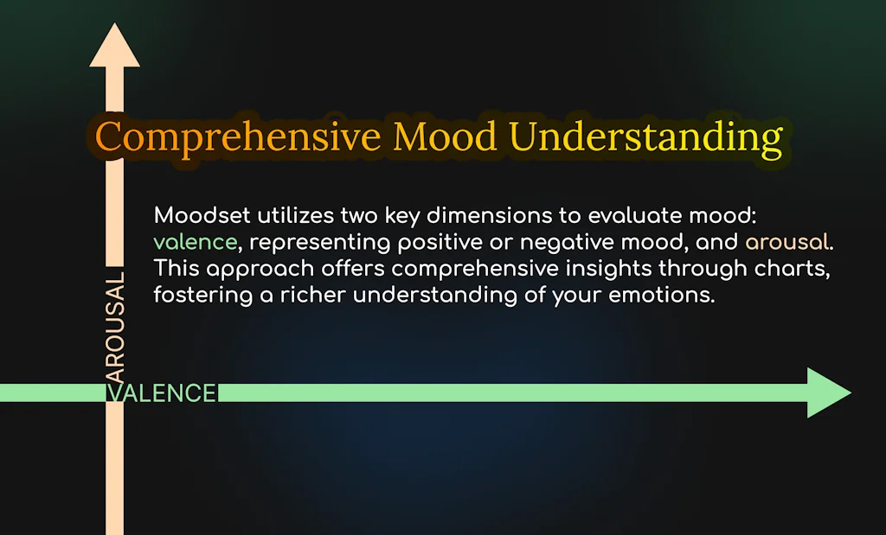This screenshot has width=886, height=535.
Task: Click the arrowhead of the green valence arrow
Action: tap(828, 393)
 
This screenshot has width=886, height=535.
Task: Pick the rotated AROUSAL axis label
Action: tap(114, 328)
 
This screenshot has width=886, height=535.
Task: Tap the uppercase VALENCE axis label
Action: tap(161, 393)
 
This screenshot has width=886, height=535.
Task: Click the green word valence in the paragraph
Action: tap(195, 242)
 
